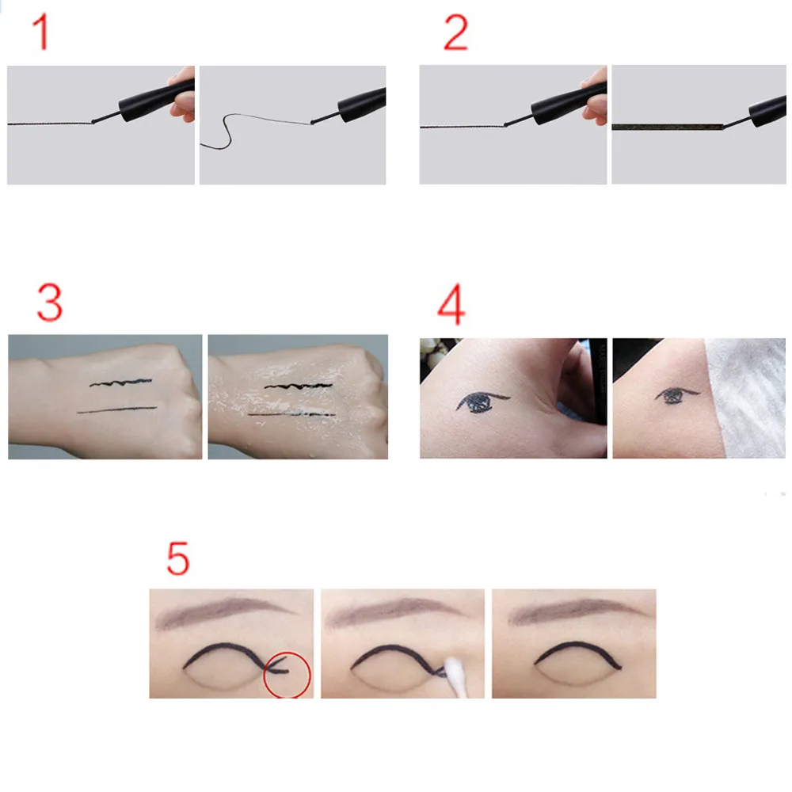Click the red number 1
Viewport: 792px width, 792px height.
tap(41, 32)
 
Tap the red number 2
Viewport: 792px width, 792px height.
tap(455, 32)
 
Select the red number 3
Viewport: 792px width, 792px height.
tap(49, 303)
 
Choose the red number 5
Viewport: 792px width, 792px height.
tap(177, 558)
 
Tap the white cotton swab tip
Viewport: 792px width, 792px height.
tap(456, 669)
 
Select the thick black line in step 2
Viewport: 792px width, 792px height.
tap(668, 127)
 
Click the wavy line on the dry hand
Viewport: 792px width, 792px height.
tap(120, 383)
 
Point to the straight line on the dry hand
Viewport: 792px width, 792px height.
tap(117, 409)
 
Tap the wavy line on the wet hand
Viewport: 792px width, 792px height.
tap(299, 386)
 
